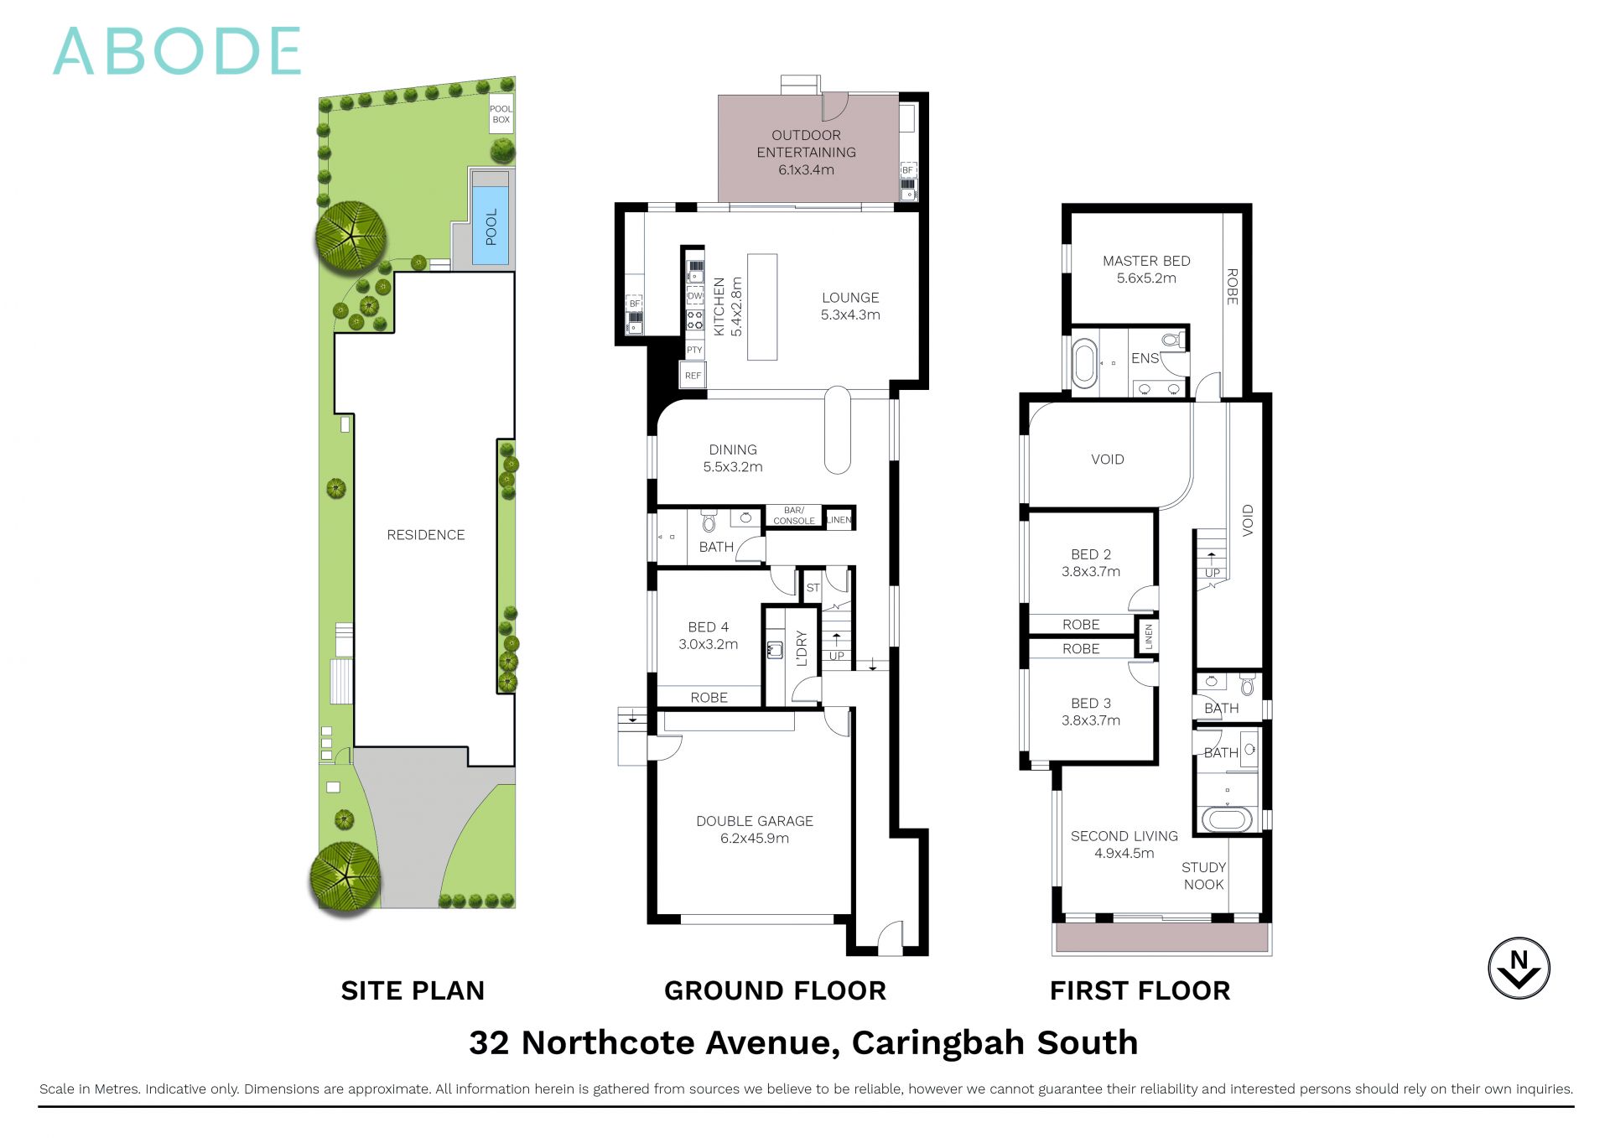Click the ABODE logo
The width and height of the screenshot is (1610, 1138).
coord(177,51)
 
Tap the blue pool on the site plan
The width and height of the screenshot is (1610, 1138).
coord(491,226)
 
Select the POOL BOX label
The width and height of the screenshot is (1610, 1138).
coord(501,114)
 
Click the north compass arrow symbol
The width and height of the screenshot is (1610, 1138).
coord(1519,968)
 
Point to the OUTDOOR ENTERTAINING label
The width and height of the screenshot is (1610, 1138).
coord(806,152)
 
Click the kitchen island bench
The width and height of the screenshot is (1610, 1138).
coord(762,307)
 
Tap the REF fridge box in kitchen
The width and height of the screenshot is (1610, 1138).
coord(693,376)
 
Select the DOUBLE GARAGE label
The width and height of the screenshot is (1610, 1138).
coord(755,829)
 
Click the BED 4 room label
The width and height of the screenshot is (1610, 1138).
coord(708,636)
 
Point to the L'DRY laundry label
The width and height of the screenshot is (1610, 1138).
coord(802,647)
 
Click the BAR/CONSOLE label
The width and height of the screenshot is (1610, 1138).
coord(793,516)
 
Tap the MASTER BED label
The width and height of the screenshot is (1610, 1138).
coord(1146,269)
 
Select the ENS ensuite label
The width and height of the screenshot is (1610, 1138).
coord(1145,359)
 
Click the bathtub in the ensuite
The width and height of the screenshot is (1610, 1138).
coord(1085,363)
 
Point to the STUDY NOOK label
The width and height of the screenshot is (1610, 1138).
coord(1203,876)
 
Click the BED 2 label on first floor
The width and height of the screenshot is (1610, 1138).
coord(1090,563)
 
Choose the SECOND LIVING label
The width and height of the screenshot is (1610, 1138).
coord(1124,844)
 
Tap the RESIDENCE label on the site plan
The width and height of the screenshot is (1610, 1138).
coord(425,535)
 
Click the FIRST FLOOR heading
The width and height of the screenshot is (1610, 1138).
coord(1140,990)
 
